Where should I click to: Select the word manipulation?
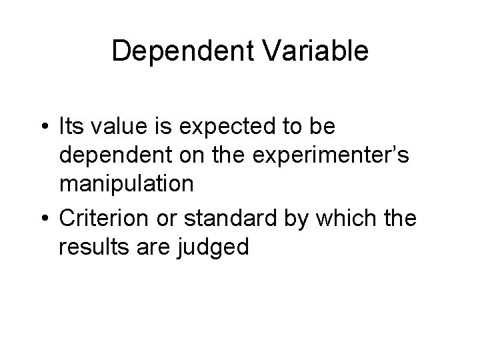click(x=127, y=186)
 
